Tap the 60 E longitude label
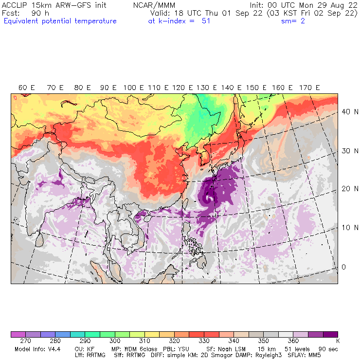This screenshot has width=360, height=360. tap(27, 88)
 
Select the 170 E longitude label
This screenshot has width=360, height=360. tap(310, 88)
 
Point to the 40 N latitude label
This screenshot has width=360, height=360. tap(347, 111)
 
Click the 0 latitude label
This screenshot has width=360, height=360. tap(343, 267)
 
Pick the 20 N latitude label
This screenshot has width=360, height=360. tap(347, 189)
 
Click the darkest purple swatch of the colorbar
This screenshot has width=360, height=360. tap(330, 335)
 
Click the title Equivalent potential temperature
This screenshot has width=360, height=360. tap(60, 21)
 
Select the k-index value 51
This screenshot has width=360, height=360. tap(205, 21)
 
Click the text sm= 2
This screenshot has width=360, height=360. tap(293, 21)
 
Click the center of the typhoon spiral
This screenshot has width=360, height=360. tap(209, 199)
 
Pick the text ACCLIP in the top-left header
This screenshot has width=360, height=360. tap(15, 5)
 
